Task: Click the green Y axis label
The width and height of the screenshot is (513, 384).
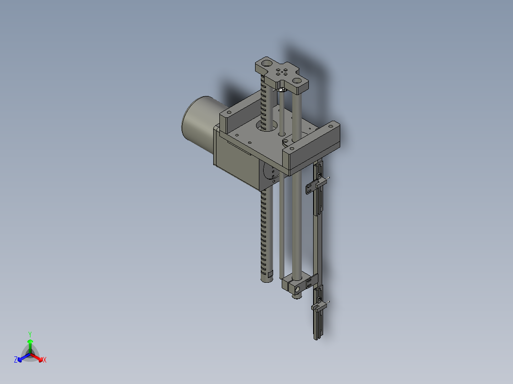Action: point(30,334)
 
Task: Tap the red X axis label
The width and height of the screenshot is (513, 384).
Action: point(45,360)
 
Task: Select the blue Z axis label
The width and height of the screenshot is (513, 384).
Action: point(16,360)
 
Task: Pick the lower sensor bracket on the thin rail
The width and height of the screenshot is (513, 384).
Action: point(318,306)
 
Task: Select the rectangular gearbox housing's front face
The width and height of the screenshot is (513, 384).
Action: point(236,162)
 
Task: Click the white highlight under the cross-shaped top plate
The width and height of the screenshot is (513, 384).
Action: point(281,89)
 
